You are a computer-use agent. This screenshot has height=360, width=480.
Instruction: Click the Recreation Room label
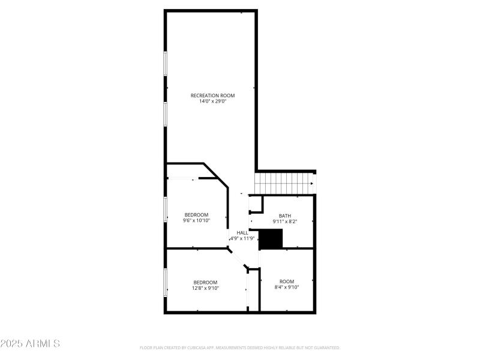click(212, 95)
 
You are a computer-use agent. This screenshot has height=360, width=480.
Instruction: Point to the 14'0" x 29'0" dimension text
click(212, 101)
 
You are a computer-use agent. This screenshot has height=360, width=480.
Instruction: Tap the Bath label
click(285, 215)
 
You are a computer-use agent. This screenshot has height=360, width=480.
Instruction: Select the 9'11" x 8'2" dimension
click(285, 221)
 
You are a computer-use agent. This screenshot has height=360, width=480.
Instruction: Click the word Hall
click(242, 233)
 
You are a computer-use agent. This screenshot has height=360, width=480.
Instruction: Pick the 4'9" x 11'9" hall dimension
click(243, 239)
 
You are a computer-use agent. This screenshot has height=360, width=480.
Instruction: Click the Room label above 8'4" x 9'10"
click(287, 281)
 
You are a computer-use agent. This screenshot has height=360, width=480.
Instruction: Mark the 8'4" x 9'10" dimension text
click(287, 287)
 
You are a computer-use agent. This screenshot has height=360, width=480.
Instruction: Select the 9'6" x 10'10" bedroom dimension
click(196, 221)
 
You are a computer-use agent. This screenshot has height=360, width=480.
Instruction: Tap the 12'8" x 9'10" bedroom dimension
click(205, 288)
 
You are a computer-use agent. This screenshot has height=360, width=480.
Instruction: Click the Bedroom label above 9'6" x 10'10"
click(196, 215)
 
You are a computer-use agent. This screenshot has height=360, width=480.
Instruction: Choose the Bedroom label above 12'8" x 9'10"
click(205, 282)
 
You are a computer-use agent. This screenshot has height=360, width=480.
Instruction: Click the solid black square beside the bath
click(270, 238)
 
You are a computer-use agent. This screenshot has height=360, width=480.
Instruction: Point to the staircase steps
click(282, 183)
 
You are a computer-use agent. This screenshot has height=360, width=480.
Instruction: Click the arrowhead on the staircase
click(312, 184)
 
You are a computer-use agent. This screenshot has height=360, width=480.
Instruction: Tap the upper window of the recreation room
click(166, 63)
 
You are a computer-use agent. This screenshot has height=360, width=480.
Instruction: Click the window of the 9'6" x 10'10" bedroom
click(166, 209)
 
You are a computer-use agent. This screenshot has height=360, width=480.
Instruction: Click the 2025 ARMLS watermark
click(30, 344)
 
